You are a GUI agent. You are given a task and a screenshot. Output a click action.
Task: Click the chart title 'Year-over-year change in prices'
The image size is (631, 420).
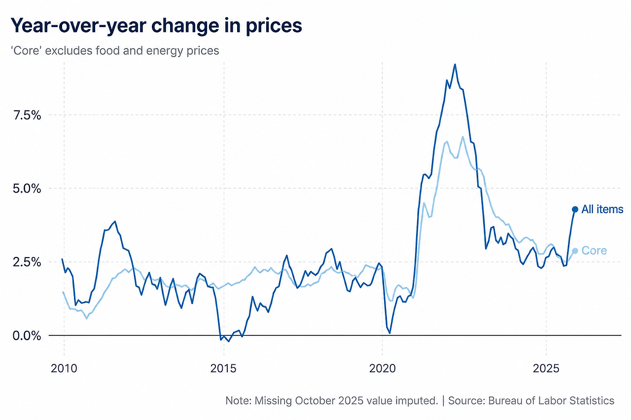click(156, 26)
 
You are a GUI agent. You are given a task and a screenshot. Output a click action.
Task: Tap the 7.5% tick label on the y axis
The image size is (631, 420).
click(27, 115)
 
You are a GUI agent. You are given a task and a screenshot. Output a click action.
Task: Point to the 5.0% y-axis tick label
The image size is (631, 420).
click(27, 189)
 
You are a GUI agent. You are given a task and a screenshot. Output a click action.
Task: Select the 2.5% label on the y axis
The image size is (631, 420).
click(27, 262)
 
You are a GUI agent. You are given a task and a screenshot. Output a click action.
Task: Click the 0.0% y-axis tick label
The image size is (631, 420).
click(27, 336)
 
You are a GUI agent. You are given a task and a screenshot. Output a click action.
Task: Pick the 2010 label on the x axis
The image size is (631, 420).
click(64, 368)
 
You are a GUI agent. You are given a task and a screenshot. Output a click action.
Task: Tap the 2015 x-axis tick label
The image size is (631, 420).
click(223, 368)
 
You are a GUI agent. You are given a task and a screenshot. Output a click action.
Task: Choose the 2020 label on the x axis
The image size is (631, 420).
click(382, 368)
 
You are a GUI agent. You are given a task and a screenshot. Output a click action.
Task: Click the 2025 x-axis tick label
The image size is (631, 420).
click(546, 368)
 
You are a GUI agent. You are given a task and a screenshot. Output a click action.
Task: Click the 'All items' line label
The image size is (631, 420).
click(602, 209)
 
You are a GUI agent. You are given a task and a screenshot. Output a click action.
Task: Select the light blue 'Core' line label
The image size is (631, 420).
click(594, 251)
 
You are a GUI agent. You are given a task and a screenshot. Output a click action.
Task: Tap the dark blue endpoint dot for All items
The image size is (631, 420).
click(575, 209)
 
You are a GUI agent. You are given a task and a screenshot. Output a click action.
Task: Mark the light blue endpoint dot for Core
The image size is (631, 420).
click(575, 251)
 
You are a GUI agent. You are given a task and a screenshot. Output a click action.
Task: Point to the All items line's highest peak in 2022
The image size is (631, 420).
click(455, 65)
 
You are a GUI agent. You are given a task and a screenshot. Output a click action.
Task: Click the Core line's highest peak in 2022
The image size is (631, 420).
click(462, 137)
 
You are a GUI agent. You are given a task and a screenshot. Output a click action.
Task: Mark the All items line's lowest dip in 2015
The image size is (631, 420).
click(229, 341)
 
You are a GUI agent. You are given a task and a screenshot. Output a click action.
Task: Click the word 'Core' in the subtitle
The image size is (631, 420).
click(26, 51)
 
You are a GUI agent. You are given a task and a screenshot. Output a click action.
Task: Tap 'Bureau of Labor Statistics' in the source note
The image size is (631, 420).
click(551, 401)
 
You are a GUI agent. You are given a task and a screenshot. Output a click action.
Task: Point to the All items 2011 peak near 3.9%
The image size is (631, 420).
click(115, 222)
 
